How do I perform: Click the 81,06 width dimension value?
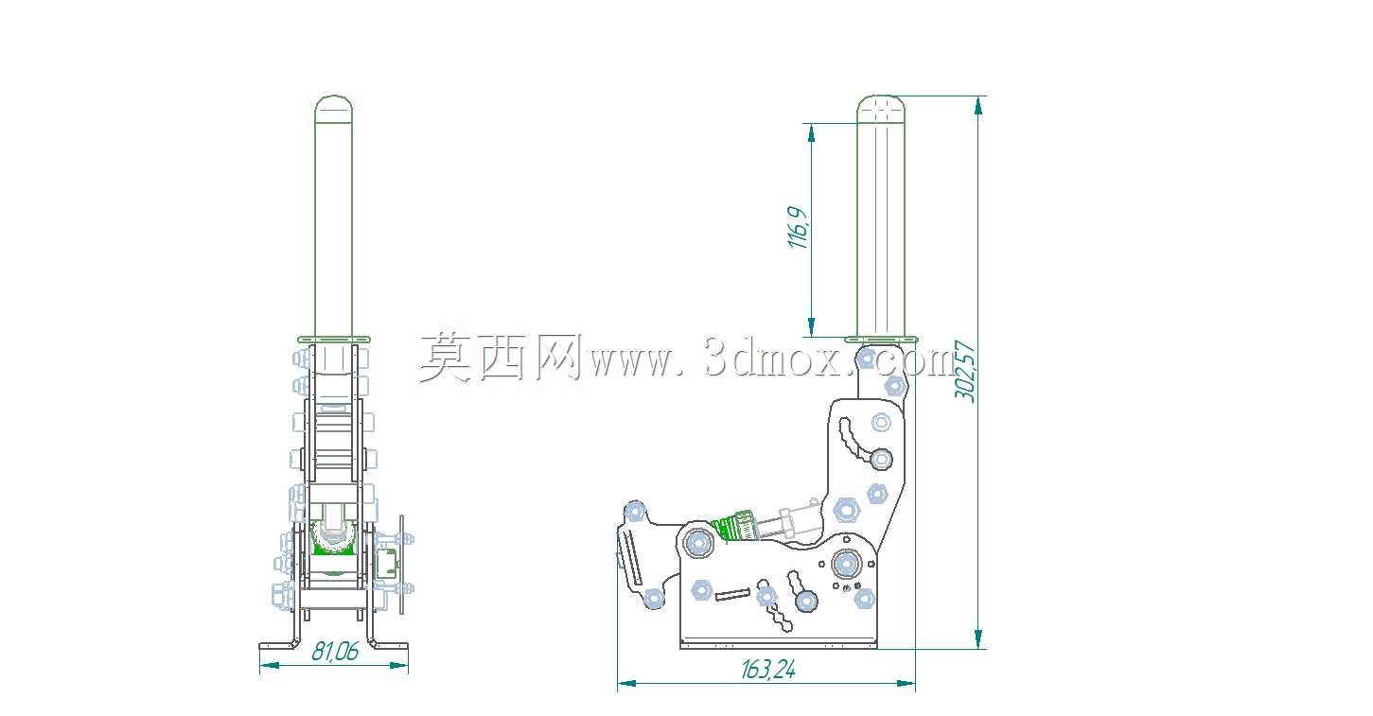(335, 651)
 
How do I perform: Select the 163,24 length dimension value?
(767, 670)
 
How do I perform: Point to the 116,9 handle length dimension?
(798, 228)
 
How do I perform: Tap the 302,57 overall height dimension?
(964, 371)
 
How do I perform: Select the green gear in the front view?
(333, 540)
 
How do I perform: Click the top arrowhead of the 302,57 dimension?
(978, 105)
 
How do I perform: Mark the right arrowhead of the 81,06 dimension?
(399, 665)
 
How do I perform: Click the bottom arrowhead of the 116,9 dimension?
(812, 327)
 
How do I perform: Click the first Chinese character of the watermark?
(446, 358)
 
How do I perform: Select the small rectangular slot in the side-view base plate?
(732, 593)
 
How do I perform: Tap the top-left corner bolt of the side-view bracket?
(634, 510)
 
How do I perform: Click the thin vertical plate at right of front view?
(402, 564)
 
